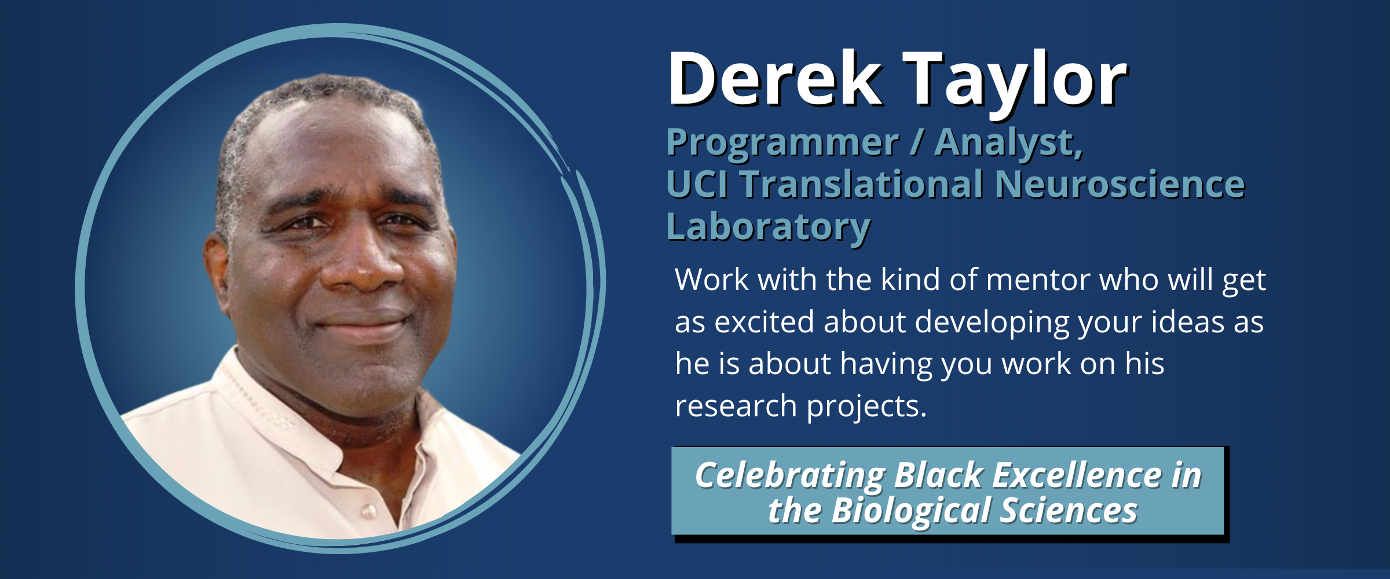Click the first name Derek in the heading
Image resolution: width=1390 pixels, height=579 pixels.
click(x=775, y=78)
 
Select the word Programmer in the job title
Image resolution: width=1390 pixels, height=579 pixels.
click(x=782, y=143)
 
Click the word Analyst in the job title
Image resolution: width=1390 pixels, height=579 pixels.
click(x=1008, y=143)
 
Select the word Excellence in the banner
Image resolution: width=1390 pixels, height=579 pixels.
click(x=1077, y=476)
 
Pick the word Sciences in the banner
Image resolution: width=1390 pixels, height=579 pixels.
click(x=1069, y=511)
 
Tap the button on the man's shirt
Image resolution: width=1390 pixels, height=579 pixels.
click(x=368, y=511)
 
